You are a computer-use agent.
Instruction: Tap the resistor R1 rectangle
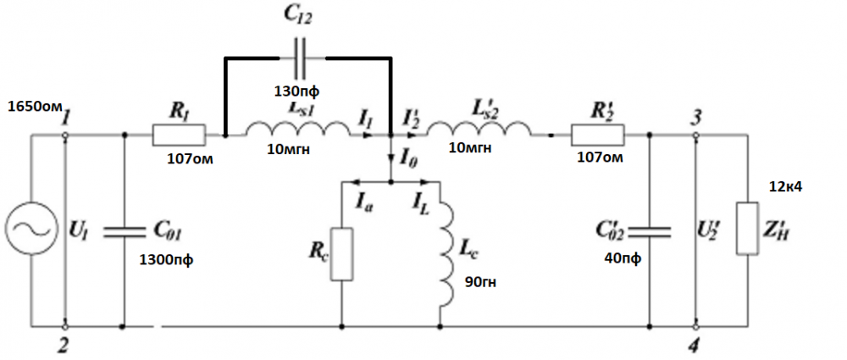click(179, 134)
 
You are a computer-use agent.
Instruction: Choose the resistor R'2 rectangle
click(597, 134)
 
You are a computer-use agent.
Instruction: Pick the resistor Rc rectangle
click(340, 253)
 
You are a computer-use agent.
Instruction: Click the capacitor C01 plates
click(125, 230)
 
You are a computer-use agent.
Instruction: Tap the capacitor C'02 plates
click(650, 230)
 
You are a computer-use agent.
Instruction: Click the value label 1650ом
click(35, 107)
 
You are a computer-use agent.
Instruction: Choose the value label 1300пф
click(166, 259)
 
